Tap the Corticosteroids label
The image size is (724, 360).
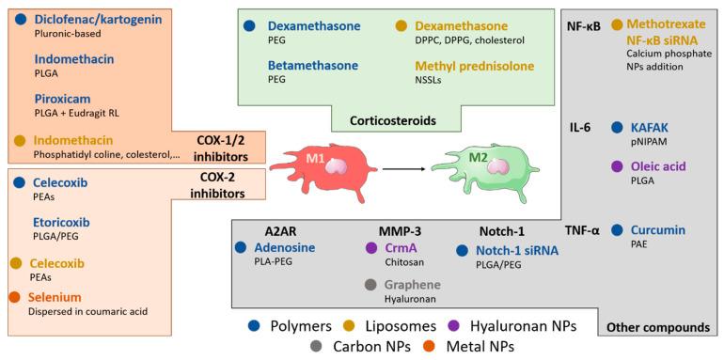pos(393,121)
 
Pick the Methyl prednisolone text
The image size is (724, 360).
pos(475,66)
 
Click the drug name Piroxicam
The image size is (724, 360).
pos(62,97)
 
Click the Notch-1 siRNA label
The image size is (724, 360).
pos(518,250)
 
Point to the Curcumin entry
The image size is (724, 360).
pos(658,229)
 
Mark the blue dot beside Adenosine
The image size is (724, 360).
pos(242,248)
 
